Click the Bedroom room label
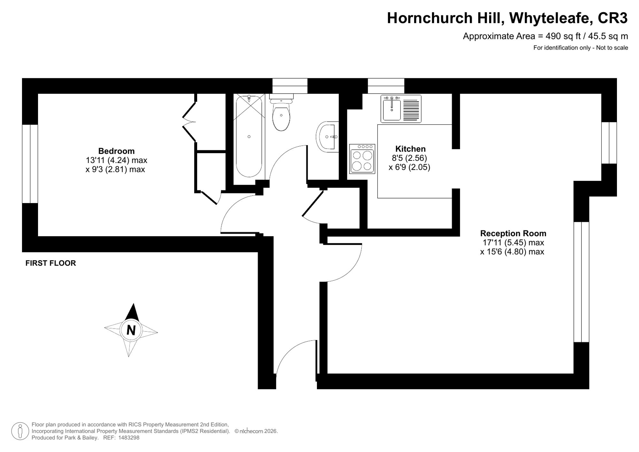(x=116, y=151)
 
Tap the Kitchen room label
(x=411, y=149)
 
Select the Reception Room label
(x=513, y=233)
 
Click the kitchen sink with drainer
(x=401, y=109)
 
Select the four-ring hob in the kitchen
(x=362, y=159)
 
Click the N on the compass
(x=131, y=330)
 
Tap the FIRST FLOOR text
(x=51, y=263)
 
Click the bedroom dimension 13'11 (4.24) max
(x=116, y=160)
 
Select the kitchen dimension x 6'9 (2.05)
(x=409, y=167)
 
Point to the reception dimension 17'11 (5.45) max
(x=513, y=243)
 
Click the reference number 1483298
(x=129, y=438)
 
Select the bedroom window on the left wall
(x=30, y=164)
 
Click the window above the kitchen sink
(x=386, y=86)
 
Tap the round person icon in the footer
(x=20, y=431)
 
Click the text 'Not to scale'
(x=612, y=48)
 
